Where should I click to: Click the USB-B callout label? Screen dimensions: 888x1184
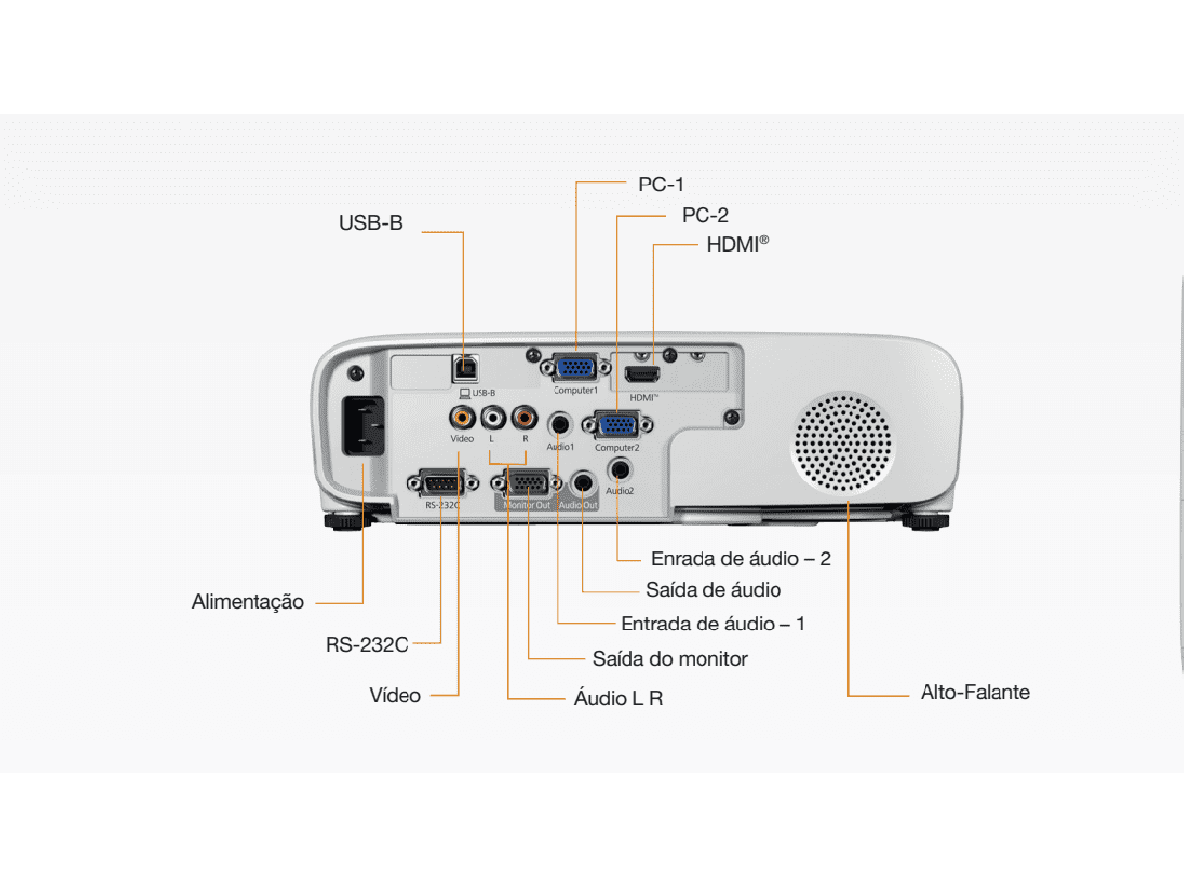coord(371,223)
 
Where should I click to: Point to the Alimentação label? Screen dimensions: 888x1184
coord(248,601)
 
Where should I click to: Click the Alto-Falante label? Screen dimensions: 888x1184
coord(975,692)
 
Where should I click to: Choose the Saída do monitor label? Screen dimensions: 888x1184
coord(670,658)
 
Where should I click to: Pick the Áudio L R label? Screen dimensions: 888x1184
coord(619,698)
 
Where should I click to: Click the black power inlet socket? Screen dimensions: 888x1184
coord(362,425)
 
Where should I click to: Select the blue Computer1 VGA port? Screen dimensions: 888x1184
coord(575,368)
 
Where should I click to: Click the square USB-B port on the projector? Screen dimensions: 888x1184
coord(464,368)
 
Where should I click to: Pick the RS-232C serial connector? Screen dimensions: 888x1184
coord(442,483)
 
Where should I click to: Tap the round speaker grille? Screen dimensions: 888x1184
coord(844,444)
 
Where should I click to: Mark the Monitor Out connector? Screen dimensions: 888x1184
coord(527,483)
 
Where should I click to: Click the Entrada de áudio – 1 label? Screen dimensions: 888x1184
coord(712,624)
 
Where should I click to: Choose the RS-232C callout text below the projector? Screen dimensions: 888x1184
coord(367,646)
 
